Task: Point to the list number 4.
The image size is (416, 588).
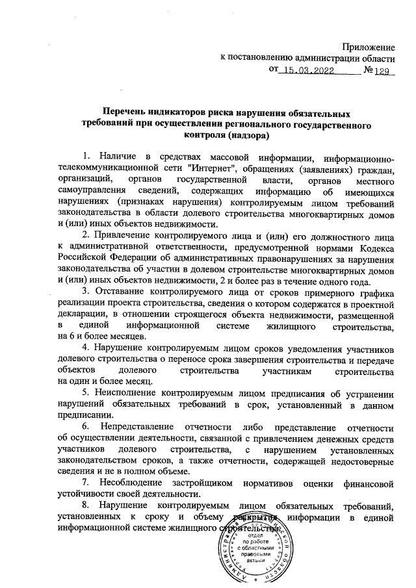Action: point(86,348)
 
